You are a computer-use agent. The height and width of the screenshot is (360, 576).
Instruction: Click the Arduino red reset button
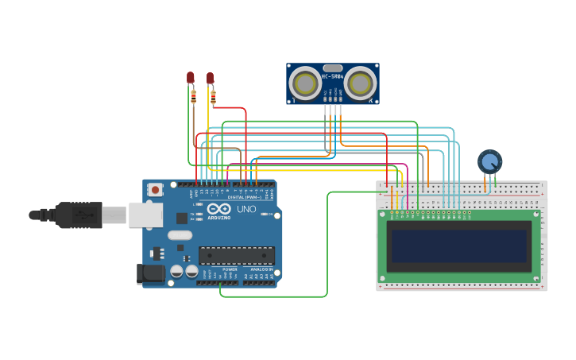pyautogui.click(x=155, y=190)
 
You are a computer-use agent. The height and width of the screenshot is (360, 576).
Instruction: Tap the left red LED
pyautogui.click(x=191, y=77)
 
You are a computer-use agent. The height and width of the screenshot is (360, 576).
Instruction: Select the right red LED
pyautogui.click(x=210, y=78)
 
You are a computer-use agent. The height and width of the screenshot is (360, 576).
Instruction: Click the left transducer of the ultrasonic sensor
pyautogui.click(x=304, y=83)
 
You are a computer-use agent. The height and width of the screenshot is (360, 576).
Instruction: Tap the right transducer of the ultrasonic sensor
pyautogui.click(x=360, y=83)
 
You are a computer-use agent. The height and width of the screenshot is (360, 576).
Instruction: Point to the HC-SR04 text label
pyautogui.click(x=332, y=76)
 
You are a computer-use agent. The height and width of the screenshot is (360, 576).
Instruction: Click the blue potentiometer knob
pyautogui.click(x=489, y=161)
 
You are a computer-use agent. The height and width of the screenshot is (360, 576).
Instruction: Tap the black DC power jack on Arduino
pyautogui.click(x=151, y=273)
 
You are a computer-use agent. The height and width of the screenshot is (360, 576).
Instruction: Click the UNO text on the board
pyautogui.click(x=246, y=209)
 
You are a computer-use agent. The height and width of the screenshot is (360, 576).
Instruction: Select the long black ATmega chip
pyautogui.click(x=236, y=255)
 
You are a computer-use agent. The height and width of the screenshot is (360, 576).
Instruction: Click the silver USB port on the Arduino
pyautogui.click(x=146, y=215)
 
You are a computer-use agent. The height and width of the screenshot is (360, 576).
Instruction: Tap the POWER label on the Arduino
pyautogui.click(x=230, y=269)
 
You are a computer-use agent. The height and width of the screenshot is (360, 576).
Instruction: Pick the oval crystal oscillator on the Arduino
pyautogui.click(x=180, y=234)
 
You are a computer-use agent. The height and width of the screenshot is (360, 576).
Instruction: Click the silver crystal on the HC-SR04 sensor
pyautogui.click(x=332, y=68)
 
